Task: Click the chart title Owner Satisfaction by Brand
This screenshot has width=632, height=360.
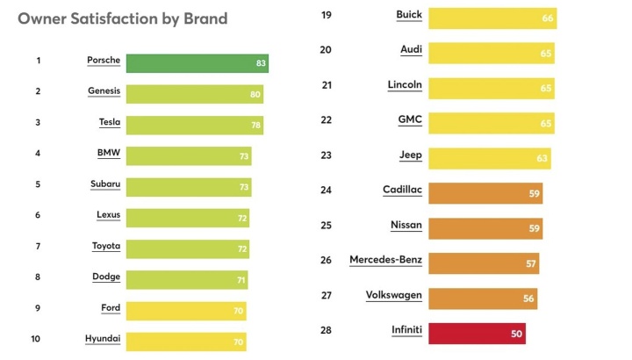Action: pos(122,18)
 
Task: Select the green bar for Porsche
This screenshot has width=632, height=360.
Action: pos(197,62)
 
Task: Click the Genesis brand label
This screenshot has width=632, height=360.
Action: pos(104,91)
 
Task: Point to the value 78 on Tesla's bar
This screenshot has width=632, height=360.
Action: pos(255,126)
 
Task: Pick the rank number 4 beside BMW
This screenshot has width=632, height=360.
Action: pos(38,154)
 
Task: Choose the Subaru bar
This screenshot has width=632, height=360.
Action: pos(188,186)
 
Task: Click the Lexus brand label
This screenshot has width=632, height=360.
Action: pos(108,215)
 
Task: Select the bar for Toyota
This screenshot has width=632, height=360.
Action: pos(187,248)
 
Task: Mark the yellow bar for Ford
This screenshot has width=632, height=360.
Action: pos(185,311)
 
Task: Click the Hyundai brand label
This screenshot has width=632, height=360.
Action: pos(103,339)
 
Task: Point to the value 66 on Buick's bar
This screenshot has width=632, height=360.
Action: pos(548,18)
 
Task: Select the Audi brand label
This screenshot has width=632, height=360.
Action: pos(410,51)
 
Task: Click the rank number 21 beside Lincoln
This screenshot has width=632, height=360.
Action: pos(326,85)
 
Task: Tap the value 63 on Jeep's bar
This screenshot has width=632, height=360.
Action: pos(542,159)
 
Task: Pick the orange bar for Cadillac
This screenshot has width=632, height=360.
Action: pos(484,193)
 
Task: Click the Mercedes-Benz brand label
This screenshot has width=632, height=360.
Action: pos(385,260)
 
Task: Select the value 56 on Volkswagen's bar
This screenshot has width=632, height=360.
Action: pos(528,299)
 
